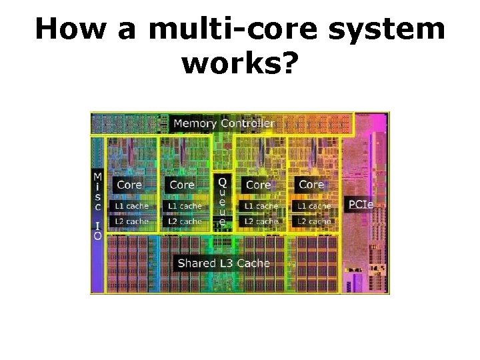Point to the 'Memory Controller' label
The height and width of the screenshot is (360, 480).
pyautogui.click(x=223, y=123)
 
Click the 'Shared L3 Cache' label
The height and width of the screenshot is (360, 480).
pyautogui.click(x=223, y=263)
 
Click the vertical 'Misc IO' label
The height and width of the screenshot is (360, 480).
pyautogui.click(x=98, y=205)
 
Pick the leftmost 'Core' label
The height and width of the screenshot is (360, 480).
pyautogui.click(x=129, y=185)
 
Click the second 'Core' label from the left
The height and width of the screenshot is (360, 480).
pyautogui.click(x=182, y=185)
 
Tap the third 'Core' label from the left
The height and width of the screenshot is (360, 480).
pyautogui.click(x=259, y=185)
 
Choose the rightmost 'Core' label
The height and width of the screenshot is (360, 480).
pyautogui.click(x=311, y=185)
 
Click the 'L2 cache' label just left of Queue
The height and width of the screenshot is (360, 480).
pyautogui.click(x=185, y=221)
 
